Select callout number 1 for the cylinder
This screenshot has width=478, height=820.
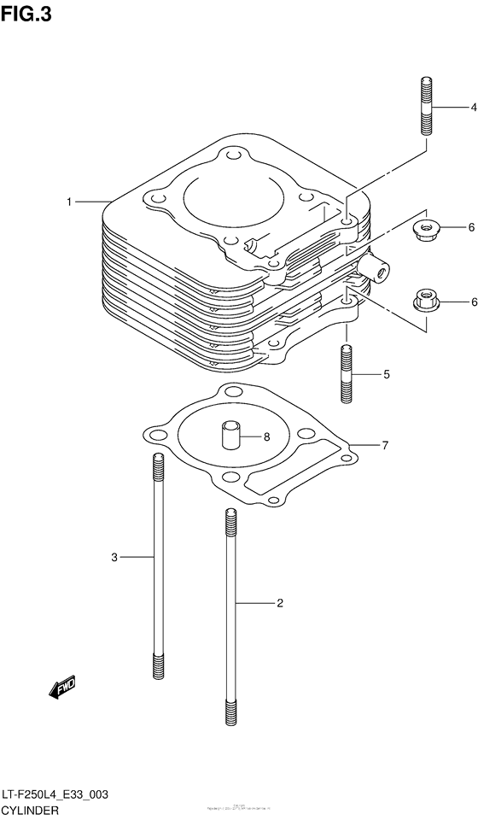coord(70,202)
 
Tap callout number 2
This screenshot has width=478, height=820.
coord(279,603)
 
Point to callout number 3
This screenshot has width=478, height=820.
coord(114,558)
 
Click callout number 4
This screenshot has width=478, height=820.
coord(471,108)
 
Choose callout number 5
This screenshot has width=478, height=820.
coord(386,374)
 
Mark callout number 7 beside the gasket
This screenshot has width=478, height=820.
coord(385,445)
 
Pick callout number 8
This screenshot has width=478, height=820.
coord(265,436)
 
